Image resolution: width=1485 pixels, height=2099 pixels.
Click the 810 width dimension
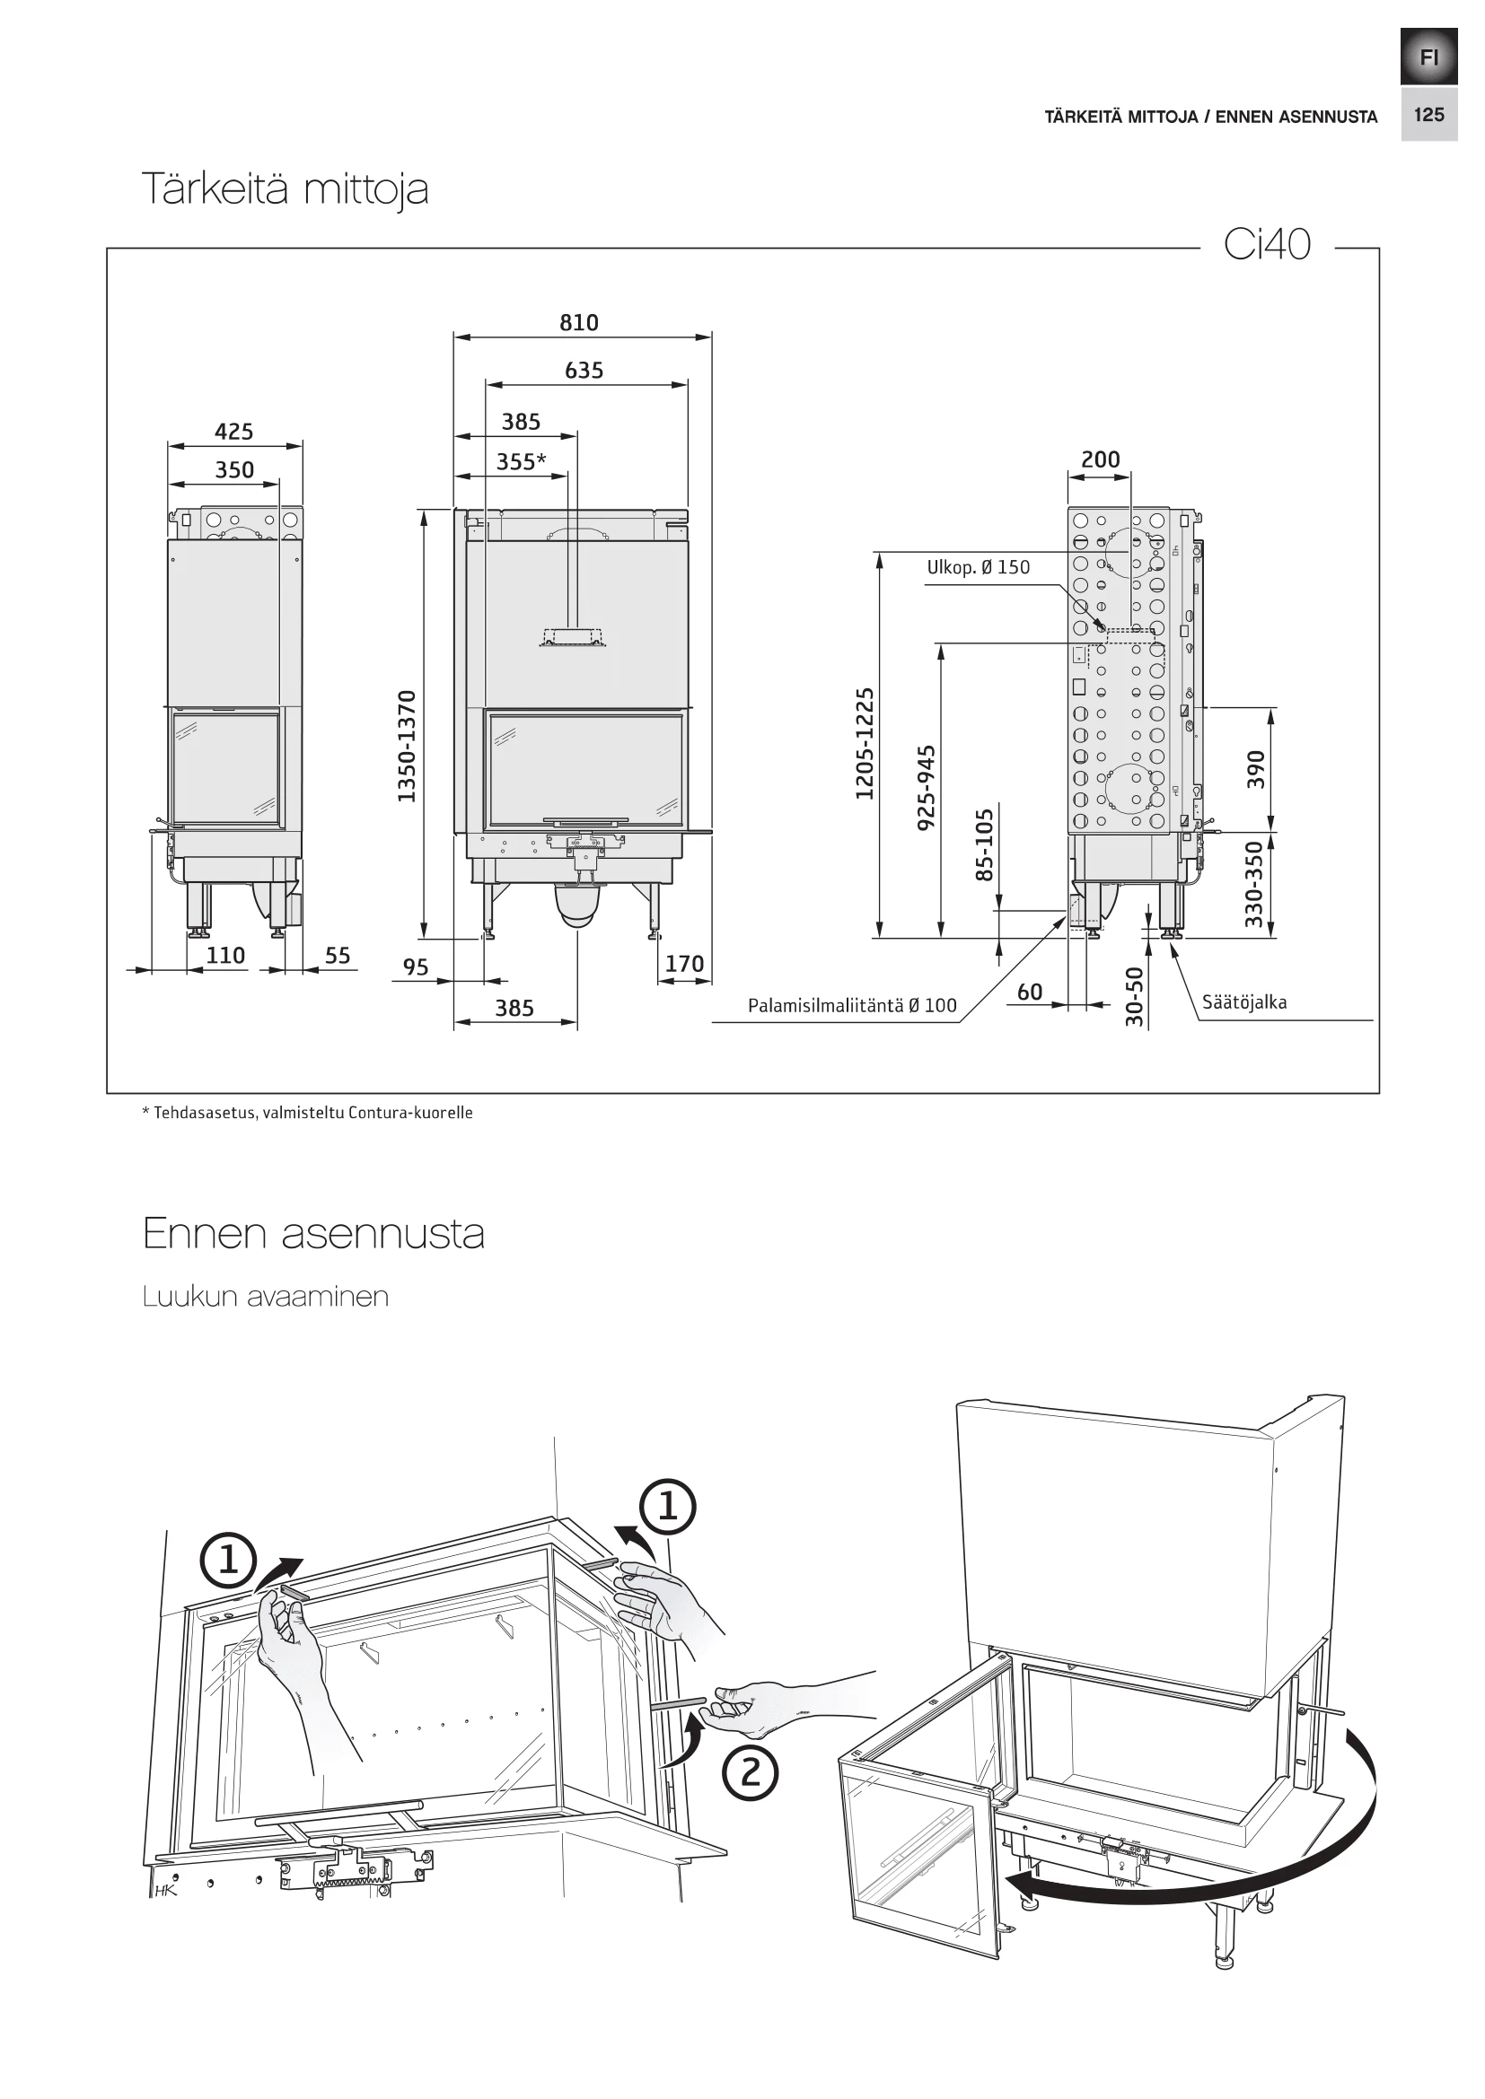(x=579, y=323)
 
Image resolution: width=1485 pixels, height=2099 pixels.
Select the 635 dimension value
(x=584, y=371)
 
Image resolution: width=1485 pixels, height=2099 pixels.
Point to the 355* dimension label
(x=521, y=461)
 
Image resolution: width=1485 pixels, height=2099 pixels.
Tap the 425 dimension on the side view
(x=234, y=432)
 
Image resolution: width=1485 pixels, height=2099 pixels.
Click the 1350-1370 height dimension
(x=407, y=747)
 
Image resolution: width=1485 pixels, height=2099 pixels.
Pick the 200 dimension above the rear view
(x=1100, y=459)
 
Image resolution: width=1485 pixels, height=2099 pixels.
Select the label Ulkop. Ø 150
(x=978, y=568)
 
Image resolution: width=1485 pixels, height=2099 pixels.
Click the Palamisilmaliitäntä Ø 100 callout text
(x=851, y=1007)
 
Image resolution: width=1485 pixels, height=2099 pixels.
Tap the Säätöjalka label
(x=1243, y=1002)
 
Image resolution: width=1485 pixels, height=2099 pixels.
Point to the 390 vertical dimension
(x=1256, y=769)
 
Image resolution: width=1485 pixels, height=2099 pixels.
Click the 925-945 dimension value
(x=927, y=787)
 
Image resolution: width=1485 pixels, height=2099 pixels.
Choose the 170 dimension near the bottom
(x=684, y=964)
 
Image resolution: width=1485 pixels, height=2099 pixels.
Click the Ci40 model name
(x=1267, y=245)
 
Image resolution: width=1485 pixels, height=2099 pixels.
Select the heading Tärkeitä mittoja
(x=286, y=189)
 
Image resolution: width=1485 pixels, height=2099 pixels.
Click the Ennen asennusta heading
(x=312, y=1233)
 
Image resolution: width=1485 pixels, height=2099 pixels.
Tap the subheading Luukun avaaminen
(x=265, y=1297)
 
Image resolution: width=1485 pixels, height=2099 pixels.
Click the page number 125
(x=1428, y=114)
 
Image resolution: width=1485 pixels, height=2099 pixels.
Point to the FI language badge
(x=1428, y=57)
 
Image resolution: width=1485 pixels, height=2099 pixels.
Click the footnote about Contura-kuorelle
(x=307, y=1113)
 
